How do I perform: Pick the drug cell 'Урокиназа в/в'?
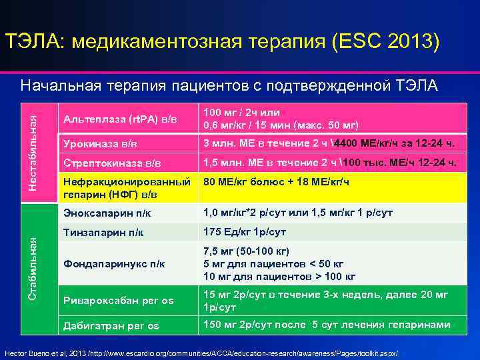point(100,143)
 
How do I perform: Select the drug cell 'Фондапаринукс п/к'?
point(114,264)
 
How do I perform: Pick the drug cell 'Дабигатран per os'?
point(111,325)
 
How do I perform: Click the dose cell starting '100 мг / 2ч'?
point(281,119)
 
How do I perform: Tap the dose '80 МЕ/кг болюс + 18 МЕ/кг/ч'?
point(276,181)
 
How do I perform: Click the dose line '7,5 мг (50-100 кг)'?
point(246,251)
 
